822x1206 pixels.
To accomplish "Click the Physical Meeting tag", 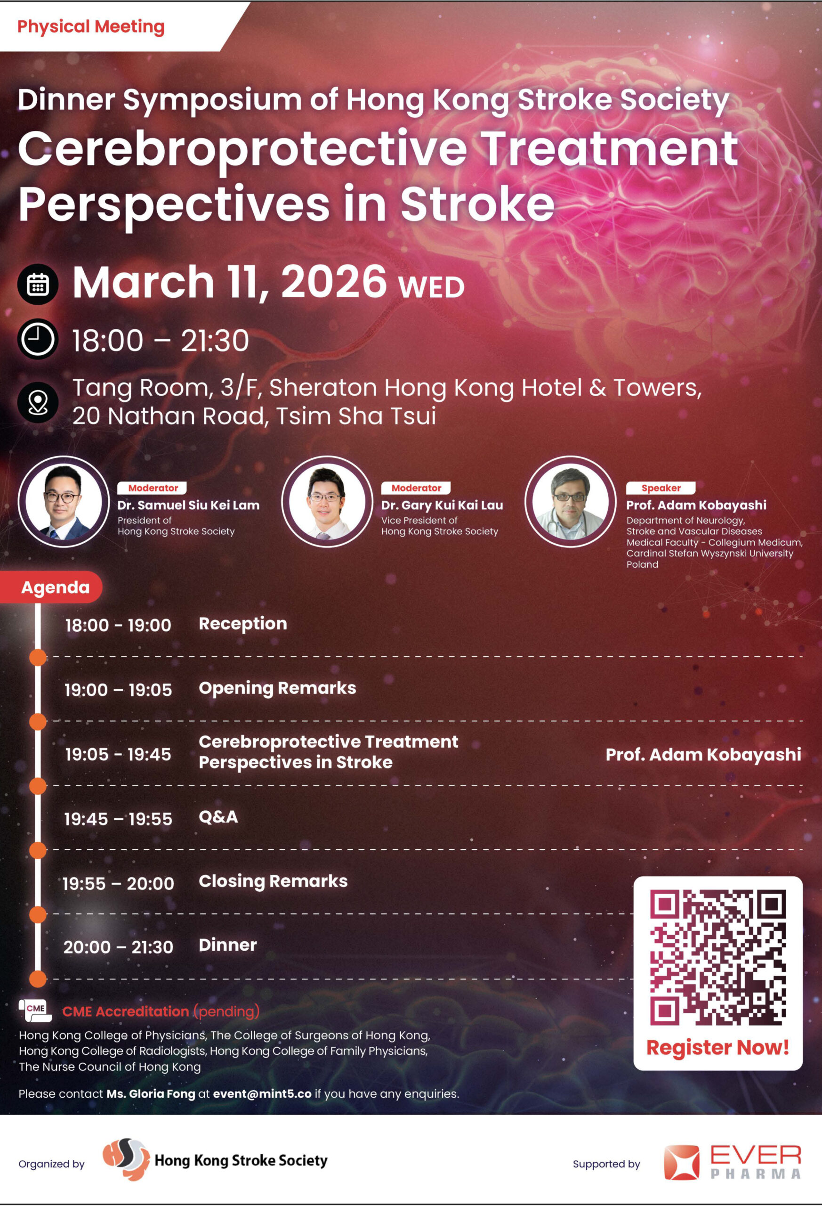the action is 91,26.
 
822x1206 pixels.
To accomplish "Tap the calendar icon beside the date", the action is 38,284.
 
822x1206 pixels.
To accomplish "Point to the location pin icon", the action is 38,402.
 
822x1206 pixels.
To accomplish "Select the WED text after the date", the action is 431,287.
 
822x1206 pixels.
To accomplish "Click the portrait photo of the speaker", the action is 571,501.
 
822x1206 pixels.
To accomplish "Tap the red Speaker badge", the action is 661,488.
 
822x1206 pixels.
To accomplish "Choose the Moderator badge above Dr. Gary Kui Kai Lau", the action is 416,488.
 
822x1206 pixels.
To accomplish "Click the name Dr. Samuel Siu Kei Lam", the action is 188,505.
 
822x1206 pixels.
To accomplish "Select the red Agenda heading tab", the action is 51,587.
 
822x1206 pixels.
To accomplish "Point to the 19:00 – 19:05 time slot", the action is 118,690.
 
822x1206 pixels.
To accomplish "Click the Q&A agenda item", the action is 218,817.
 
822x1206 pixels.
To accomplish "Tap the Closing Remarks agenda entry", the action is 274,881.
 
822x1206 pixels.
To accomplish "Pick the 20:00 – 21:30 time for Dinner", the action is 118,947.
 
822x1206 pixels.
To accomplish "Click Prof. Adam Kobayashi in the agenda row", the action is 703,755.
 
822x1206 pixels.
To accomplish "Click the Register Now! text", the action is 718,1047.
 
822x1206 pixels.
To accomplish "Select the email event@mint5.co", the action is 262,1094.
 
